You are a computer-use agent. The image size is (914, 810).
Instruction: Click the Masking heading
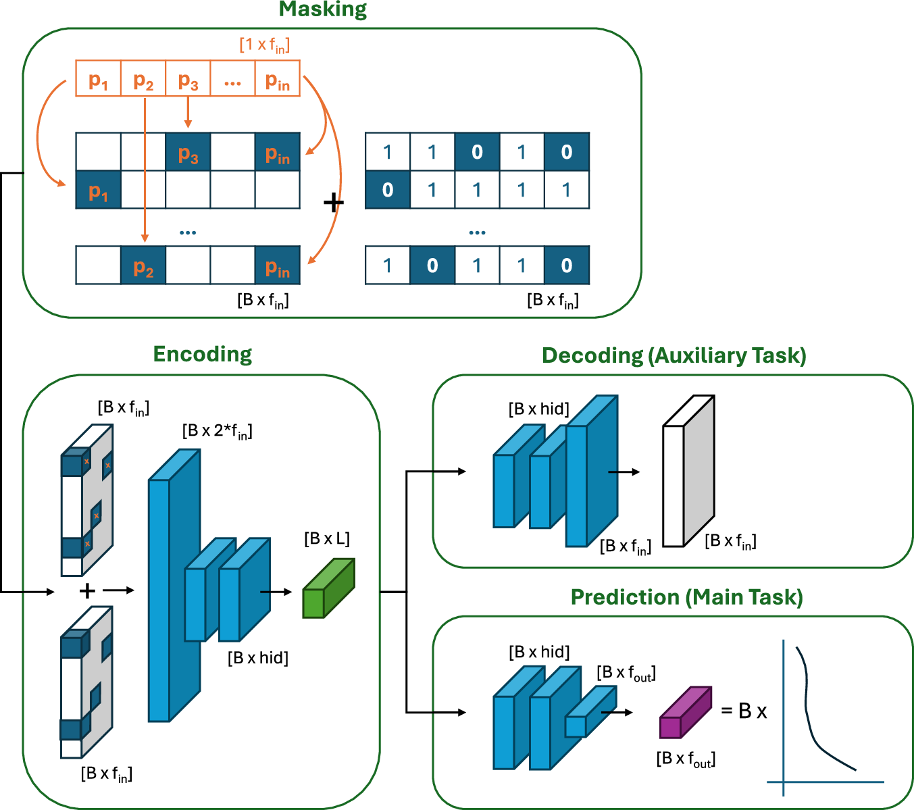322,9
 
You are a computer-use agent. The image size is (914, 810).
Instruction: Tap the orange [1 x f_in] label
264,45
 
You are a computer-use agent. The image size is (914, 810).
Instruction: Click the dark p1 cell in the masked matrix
98,190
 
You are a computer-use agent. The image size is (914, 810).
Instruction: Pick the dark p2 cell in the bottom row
143,265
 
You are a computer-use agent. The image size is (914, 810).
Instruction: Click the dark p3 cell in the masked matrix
188,152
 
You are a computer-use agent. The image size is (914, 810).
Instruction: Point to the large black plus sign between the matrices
333,202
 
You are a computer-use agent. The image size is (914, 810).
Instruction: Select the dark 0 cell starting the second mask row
387,190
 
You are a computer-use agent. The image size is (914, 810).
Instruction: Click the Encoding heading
202,354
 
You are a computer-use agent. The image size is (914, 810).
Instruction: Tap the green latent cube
328,589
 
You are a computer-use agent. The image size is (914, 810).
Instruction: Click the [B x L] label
327,538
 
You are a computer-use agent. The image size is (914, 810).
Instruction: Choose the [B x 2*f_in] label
217,431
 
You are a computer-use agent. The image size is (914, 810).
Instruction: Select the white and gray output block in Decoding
688,473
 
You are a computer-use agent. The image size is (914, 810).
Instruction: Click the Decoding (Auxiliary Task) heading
674,356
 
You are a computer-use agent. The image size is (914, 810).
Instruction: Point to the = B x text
744,711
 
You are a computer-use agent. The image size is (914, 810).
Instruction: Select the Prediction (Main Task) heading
686,597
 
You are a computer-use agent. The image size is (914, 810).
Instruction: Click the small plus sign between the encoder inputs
87,591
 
